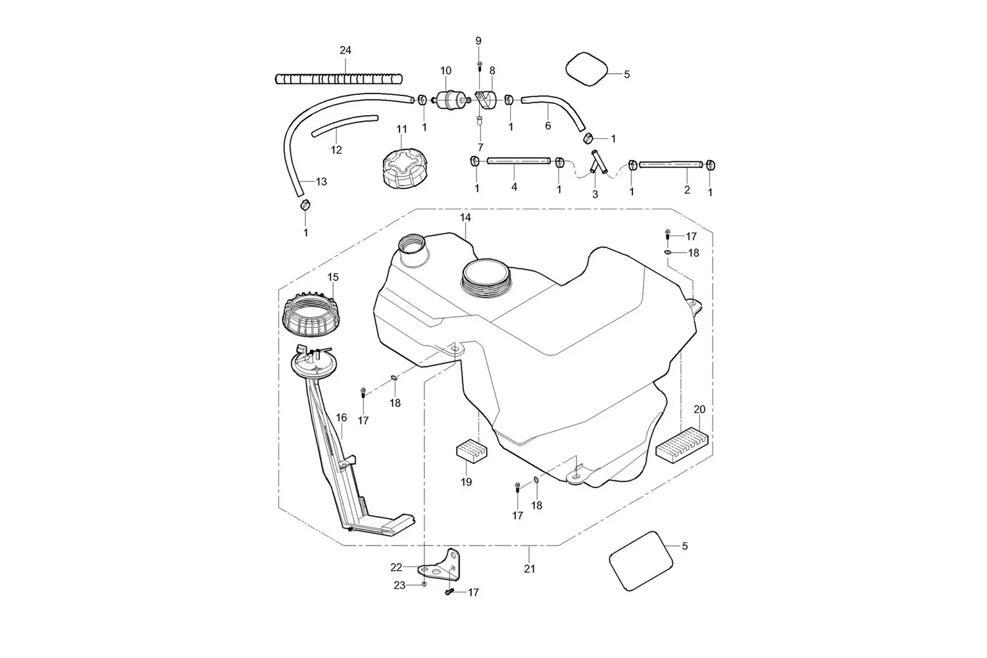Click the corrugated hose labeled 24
(x=339, y=79)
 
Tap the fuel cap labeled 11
(x=405, y=168)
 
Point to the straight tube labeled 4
(x=519, y=161)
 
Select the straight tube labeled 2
(x=671, y=164)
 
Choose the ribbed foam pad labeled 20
(x=682, y=445)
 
